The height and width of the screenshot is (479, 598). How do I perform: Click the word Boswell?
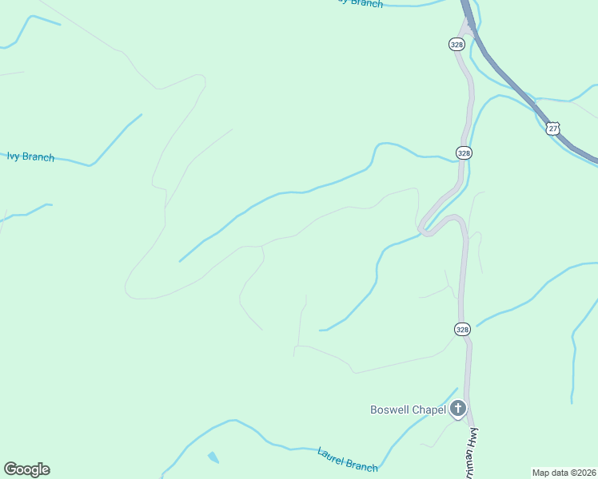tap(389, 410)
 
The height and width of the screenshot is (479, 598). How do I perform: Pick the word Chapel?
tap(429, 410)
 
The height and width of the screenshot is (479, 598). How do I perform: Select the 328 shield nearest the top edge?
tap(456, 45)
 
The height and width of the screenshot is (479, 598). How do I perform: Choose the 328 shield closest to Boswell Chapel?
tap(463, 329)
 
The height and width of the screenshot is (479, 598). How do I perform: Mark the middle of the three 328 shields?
tap(464, 152)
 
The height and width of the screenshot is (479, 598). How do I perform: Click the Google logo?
tap(26, 469)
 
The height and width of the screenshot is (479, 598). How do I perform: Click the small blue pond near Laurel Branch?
tap(213, 457)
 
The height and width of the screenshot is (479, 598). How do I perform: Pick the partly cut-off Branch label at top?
tap(360, 3)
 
